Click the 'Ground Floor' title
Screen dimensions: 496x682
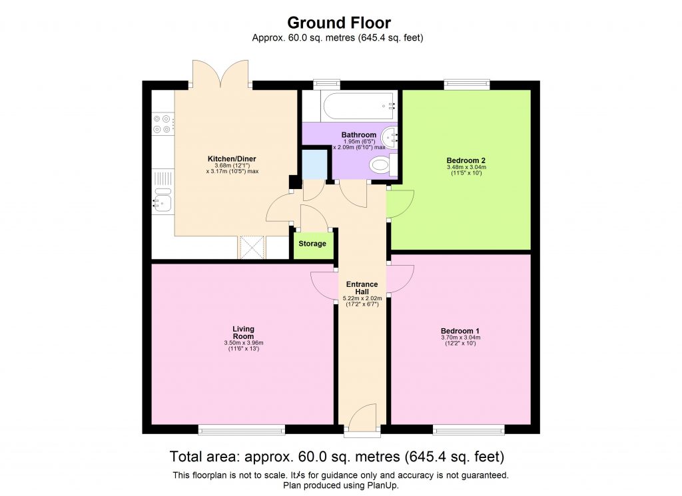[338, 23]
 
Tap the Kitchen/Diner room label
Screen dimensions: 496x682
[232, 158]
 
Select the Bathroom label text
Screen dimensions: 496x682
[359, 135]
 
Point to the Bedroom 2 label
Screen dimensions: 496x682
[466, 160]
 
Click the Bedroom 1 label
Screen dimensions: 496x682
[460, 331]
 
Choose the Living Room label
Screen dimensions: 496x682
[243, 332]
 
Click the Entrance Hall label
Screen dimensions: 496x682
[362, 288]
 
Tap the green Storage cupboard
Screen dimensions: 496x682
[312, 244]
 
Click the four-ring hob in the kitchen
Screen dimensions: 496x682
[162, 123]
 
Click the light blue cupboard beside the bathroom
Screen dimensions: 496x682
[314, 164]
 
